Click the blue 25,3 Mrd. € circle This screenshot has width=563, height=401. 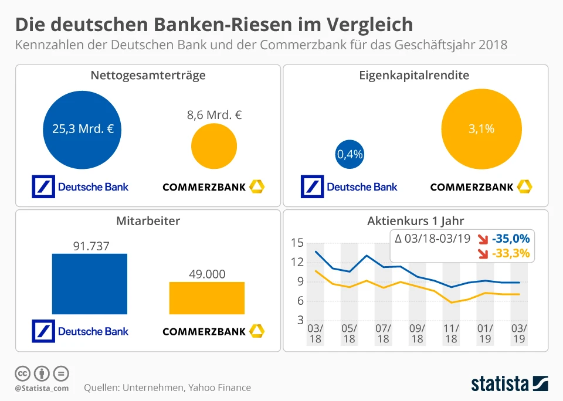tap(83, 129)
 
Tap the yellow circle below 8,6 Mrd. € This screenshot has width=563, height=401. tap(214, 147)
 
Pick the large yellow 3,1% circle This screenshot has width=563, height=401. tap(481, 129)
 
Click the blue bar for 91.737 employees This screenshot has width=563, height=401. tap(90, 284)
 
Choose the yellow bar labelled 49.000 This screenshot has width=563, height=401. tap(206, 298)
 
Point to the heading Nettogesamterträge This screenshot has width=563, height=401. tap(148, 76)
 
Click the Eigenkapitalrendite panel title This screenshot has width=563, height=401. tap(414, 76)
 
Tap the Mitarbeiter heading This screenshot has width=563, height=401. tap(147, 221)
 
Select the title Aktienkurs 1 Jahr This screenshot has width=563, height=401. tap(415, 221)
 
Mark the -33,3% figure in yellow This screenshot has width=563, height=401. tap(511, 253)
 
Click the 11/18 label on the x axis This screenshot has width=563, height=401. tap(451, 333)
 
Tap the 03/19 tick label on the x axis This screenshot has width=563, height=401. tap(520, 333)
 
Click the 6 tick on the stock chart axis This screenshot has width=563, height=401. tap(300, 301)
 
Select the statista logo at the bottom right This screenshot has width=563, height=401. tap(510, 383)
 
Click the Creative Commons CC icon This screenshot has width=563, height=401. tap(22, 373)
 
